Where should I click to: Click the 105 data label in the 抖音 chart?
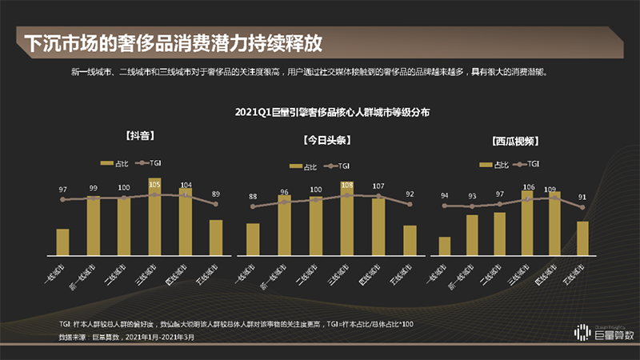tap(155, 182)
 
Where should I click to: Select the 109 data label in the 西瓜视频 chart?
tap(554, 190)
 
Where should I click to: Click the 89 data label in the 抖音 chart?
tap(216, 194)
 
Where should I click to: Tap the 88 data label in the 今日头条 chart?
tap(254, 197)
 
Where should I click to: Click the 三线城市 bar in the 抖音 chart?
tap(155, 216)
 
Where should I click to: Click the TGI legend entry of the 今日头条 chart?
tap(338, 166)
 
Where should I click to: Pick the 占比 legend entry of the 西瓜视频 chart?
tap(495, 164)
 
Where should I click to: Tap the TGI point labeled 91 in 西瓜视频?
tap(582, 207)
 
